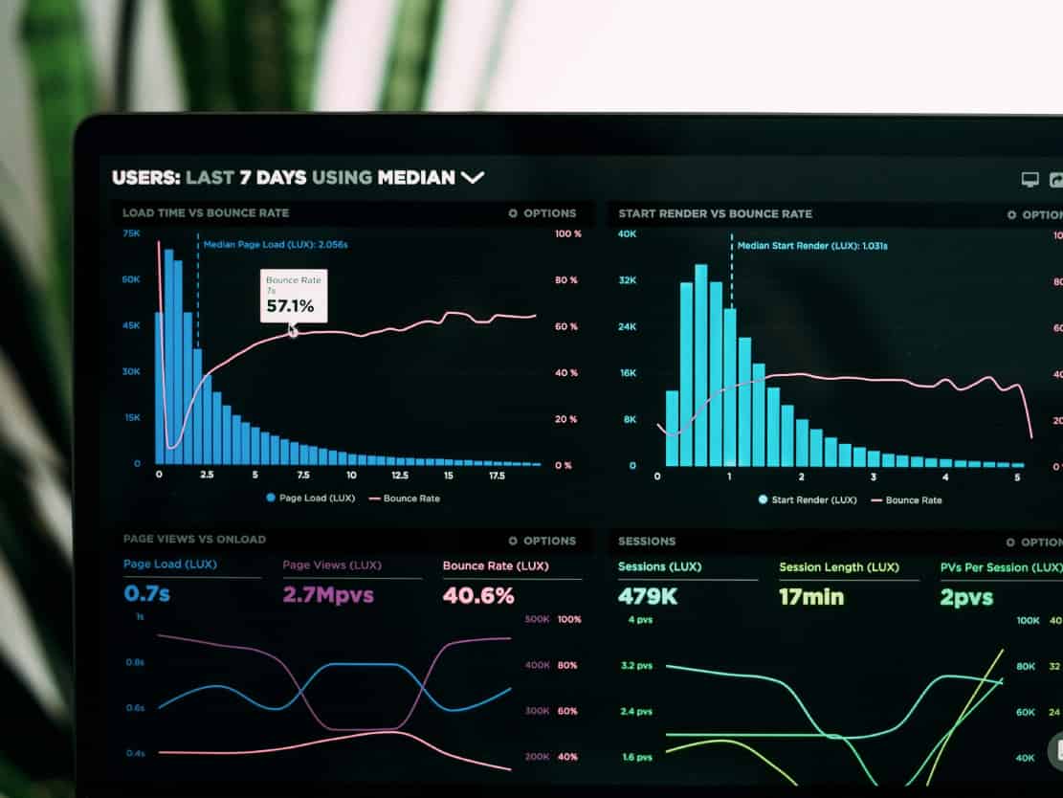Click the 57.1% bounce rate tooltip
pyautogui.click(x=294, y=296)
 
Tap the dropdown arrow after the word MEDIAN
pyautogui.click(x=473, y=177)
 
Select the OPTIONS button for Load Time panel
pyautogui.click(x=543, y=213)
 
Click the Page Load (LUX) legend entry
pyautogui.click(x=311, y=498)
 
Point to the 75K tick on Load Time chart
pyautogui.click(x=131, y=233)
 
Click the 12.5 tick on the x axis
pyautogui.click(x=399, y=475)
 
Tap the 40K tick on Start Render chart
pyautogui.click(x=627, y=233)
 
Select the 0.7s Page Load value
pyautogui.click(x=146, y=593)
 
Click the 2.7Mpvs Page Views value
pyautogui.click(x=327, y=595)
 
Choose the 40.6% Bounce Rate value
pyautogui.click(x=477, y=595)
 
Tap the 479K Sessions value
pyautogui.click(x=648, y=596)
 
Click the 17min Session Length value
pyautogui.click(x=811, y=597)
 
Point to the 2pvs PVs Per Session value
pyautogui.click(x=965, y=597)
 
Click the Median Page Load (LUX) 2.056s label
pyautogui.click(x=275, y=245)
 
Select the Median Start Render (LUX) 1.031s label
pyautogui.click(x=811, y=246)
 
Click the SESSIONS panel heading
pyautogui.click(x=647, y=542)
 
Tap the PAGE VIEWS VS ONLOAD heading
pyautogui.click(x=194, y=540)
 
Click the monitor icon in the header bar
pyautogui.click(x=1030, y=179)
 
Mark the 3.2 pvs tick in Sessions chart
pyautogui.click(x=636, y=665)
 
